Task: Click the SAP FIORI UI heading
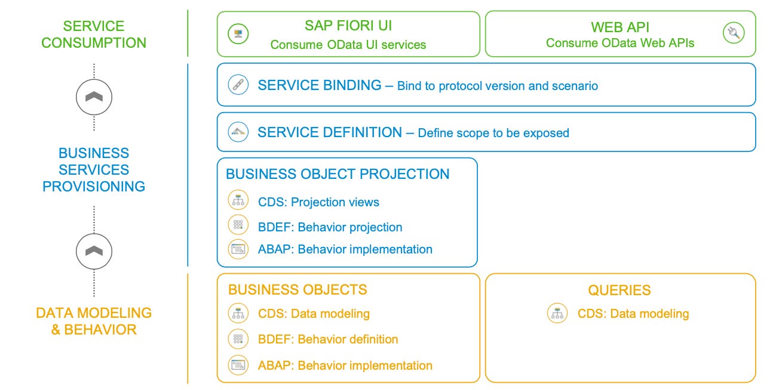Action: click(348, 26)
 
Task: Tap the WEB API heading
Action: click(619, 27)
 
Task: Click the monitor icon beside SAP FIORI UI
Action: click(238, 33)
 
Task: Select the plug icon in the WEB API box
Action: click(732, 33)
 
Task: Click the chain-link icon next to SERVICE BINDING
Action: click(238, 85)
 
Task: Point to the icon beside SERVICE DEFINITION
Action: click(238, 132)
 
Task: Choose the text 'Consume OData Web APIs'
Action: click(620, 43)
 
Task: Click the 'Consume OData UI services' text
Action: click(348, 45)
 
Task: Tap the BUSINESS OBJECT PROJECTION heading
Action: click(338, 174)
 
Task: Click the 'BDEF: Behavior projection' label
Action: click(330, 227)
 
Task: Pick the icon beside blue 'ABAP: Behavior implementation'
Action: click(238, 249)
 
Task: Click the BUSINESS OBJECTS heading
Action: click(297, 290)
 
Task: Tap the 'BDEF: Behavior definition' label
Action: click(328, 339)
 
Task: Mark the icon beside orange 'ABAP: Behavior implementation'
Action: click(238, 365)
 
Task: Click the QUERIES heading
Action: click(619, 290)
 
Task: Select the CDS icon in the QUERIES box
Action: click(557, 314)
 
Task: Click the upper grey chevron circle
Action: click(94, 97)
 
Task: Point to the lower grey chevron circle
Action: click(94, 251)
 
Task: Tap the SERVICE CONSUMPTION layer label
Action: click(94, 35)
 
